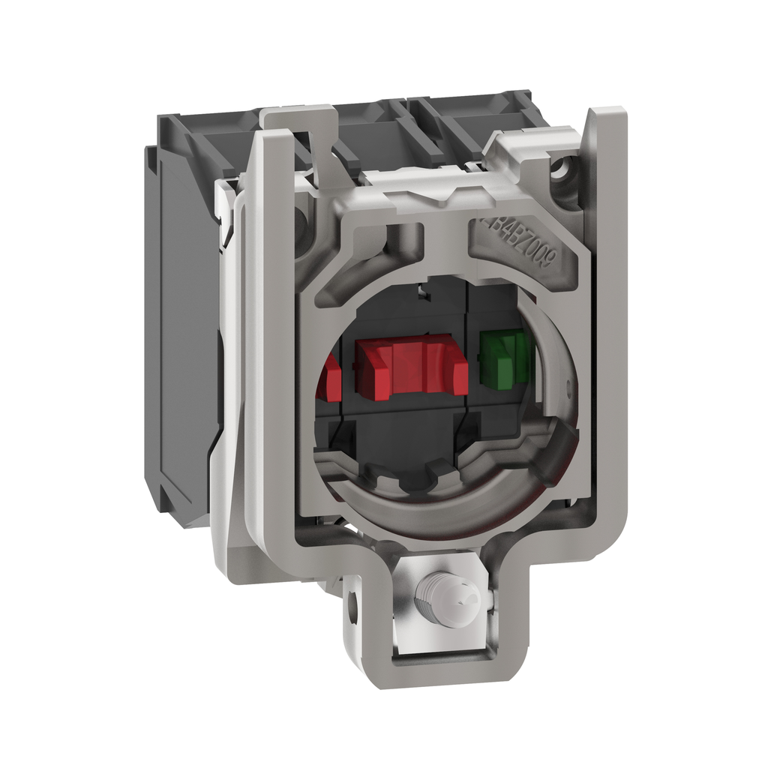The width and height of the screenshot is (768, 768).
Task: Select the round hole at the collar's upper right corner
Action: pyautogui.click(x=560, y=163)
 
